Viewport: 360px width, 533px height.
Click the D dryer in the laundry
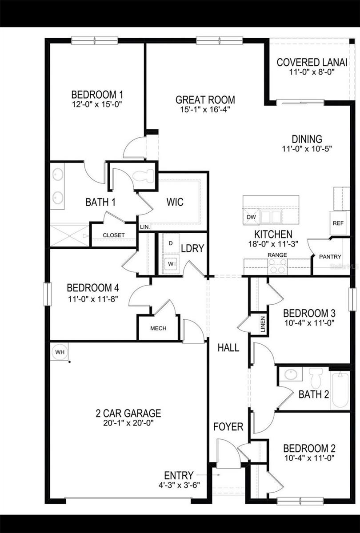coord(171,243)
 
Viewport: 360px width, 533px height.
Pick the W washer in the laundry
coord(171,263)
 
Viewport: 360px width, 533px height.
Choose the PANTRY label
coord(330,257)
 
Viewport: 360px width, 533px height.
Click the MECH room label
coord(158,328)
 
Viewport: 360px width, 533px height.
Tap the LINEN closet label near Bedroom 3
coord(263,324)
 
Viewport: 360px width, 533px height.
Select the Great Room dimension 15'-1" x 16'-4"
coord(205,109)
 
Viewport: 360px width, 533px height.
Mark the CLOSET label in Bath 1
coord(114,235)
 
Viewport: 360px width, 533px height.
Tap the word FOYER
coord(228,427)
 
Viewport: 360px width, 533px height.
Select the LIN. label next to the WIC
coord(145,227)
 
